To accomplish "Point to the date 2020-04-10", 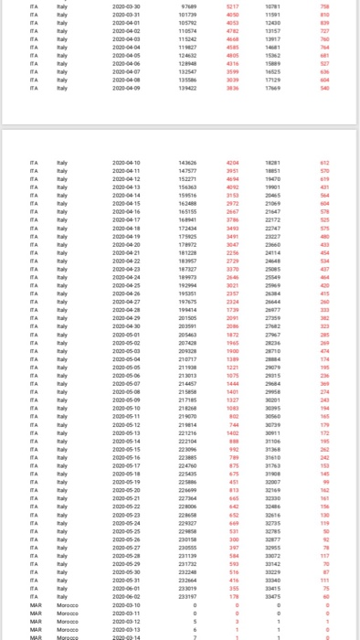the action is (125, 161).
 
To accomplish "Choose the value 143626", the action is (189, 161).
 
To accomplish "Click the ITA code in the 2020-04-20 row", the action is (33, 244).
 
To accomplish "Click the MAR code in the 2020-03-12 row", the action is (35, 621).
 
